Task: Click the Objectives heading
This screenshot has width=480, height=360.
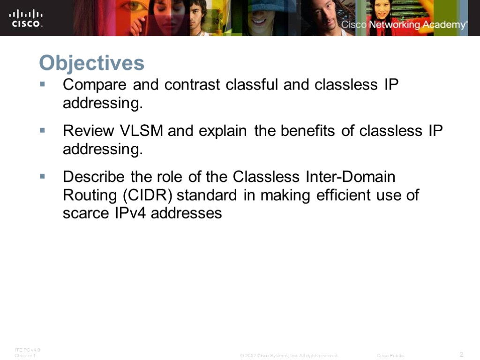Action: point(91,63)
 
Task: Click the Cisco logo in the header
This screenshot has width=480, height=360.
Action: point(26,18)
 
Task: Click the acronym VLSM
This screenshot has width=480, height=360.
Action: point(142,131)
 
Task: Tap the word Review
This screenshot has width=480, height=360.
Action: point(89,131)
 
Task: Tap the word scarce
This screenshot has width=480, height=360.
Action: point(84,214)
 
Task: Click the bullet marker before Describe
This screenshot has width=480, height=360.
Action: point(42,176)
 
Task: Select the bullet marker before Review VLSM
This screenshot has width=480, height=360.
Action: point(42,130)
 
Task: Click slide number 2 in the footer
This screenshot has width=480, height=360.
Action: point(461,354)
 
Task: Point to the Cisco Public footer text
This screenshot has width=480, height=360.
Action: point(390,356)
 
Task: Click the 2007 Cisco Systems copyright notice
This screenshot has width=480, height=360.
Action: point(289,356)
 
